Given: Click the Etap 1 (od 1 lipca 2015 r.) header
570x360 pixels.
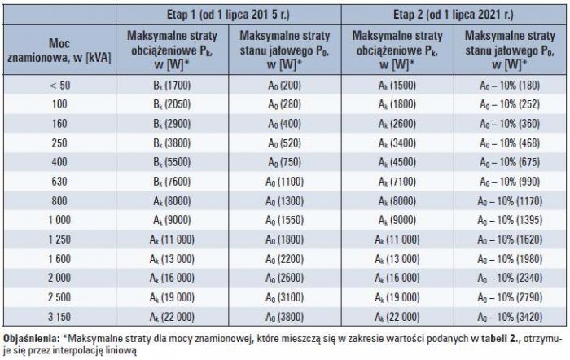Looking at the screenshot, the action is tap(228, 15).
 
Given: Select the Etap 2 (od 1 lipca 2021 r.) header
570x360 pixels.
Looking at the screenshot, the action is tap(454, 15).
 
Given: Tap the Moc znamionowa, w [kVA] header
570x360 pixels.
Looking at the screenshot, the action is tap(59, 50).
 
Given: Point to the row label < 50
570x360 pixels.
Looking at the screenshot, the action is tap(59, 85).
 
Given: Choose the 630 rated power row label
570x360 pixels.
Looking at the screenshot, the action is tap(59, 181).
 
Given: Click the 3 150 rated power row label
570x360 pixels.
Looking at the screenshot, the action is tap(59, 316).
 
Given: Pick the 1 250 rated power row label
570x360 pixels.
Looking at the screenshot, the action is tap(59, 239).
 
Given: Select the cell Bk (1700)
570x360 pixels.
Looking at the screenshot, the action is tap(172, 85).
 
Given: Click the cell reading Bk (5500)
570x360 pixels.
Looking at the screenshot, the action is tap(172, 162).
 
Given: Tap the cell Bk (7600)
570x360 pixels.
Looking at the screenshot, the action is tap(172, 181).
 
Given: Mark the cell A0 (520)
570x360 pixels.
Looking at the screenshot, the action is tap(285, 143).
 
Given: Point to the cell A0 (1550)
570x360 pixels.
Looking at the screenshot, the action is tap(285, 220).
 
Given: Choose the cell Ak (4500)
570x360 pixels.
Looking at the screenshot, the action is tap(397, 162).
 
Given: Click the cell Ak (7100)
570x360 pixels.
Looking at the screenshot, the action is tap(397, 181).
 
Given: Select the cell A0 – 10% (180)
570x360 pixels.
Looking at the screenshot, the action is tap(510, 85).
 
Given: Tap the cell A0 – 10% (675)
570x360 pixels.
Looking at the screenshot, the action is tap(510, 162).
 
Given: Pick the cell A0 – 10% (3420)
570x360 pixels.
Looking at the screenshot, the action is tap(510, 316).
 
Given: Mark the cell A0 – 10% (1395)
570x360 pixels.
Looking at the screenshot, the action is tap(510, 220).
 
